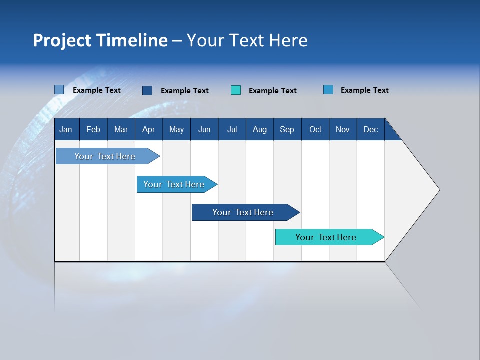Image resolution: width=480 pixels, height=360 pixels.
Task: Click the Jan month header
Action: (66, 129)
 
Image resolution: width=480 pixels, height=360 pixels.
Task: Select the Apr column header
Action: (148, 129)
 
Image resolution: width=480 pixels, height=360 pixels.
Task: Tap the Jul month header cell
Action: (232, 129)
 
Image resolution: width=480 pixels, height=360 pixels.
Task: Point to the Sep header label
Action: (287, 129)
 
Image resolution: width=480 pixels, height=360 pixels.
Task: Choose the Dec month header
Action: (370, 129)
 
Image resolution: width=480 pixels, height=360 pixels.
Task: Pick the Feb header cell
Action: (93, 129)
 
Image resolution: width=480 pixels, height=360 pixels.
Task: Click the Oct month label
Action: (315, 129)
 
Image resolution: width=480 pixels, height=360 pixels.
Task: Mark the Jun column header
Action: (204, 129)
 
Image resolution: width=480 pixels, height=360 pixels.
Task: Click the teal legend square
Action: (236, 90)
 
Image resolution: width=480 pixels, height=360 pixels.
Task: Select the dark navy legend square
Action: (147, 90)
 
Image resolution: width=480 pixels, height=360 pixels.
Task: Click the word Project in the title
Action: (61, 40)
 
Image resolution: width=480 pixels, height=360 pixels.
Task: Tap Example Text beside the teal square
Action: (272, 91)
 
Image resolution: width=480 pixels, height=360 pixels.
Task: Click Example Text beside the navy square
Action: (184, 91)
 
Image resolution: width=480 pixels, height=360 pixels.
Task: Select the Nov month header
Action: (343, 129)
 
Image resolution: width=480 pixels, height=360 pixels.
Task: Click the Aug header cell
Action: (260, 129)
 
